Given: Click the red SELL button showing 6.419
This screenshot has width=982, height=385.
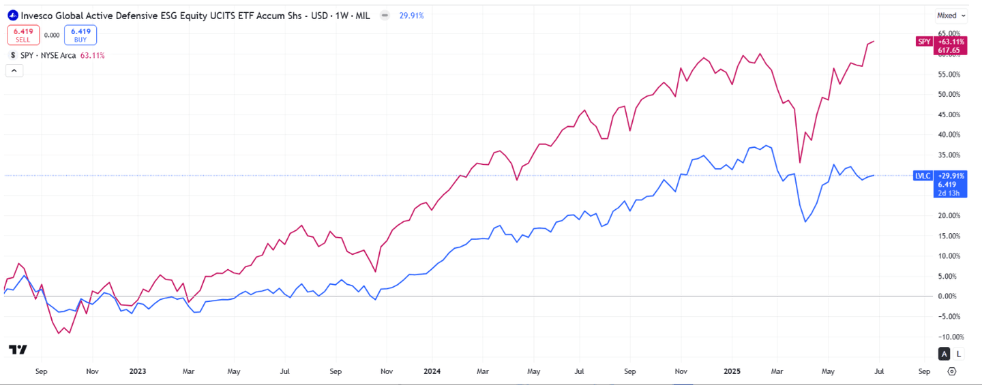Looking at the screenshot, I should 23,35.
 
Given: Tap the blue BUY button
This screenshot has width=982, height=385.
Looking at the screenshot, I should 80,35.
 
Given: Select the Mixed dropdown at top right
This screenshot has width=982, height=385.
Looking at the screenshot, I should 951,15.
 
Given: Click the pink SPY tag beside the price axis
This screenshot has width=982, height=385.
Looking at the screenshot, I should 923,42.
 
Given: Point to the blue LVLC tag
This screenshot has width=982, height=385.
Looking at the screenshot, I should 922,175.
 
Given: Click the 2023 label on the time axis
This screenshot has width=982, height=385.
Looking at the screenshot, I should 138,371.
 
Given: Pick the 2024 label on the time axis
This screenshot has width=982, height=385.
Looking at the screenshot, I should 432,371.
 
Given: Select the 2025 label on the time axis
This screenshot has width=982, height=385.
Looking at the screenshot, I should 731,371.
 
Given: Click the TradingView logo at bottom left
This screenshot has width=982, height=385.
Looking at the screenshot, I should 18,350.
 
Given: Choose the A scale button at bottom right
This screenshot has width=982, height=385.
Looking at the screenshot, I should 944,354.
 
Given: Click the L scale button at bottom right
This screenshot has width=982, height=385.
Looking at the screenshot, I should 959,354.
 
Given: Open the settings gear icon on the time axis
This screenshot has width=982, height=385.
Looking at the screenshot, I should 953,371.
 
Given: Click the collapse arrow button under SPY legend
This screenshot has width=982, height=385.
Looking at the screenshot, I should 14,70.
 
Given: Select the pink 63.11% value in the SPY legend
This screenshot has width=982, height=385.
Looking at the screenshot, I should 93,55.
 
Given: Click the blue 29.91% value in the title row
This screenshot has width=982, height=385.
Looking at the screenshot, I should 412,15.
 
